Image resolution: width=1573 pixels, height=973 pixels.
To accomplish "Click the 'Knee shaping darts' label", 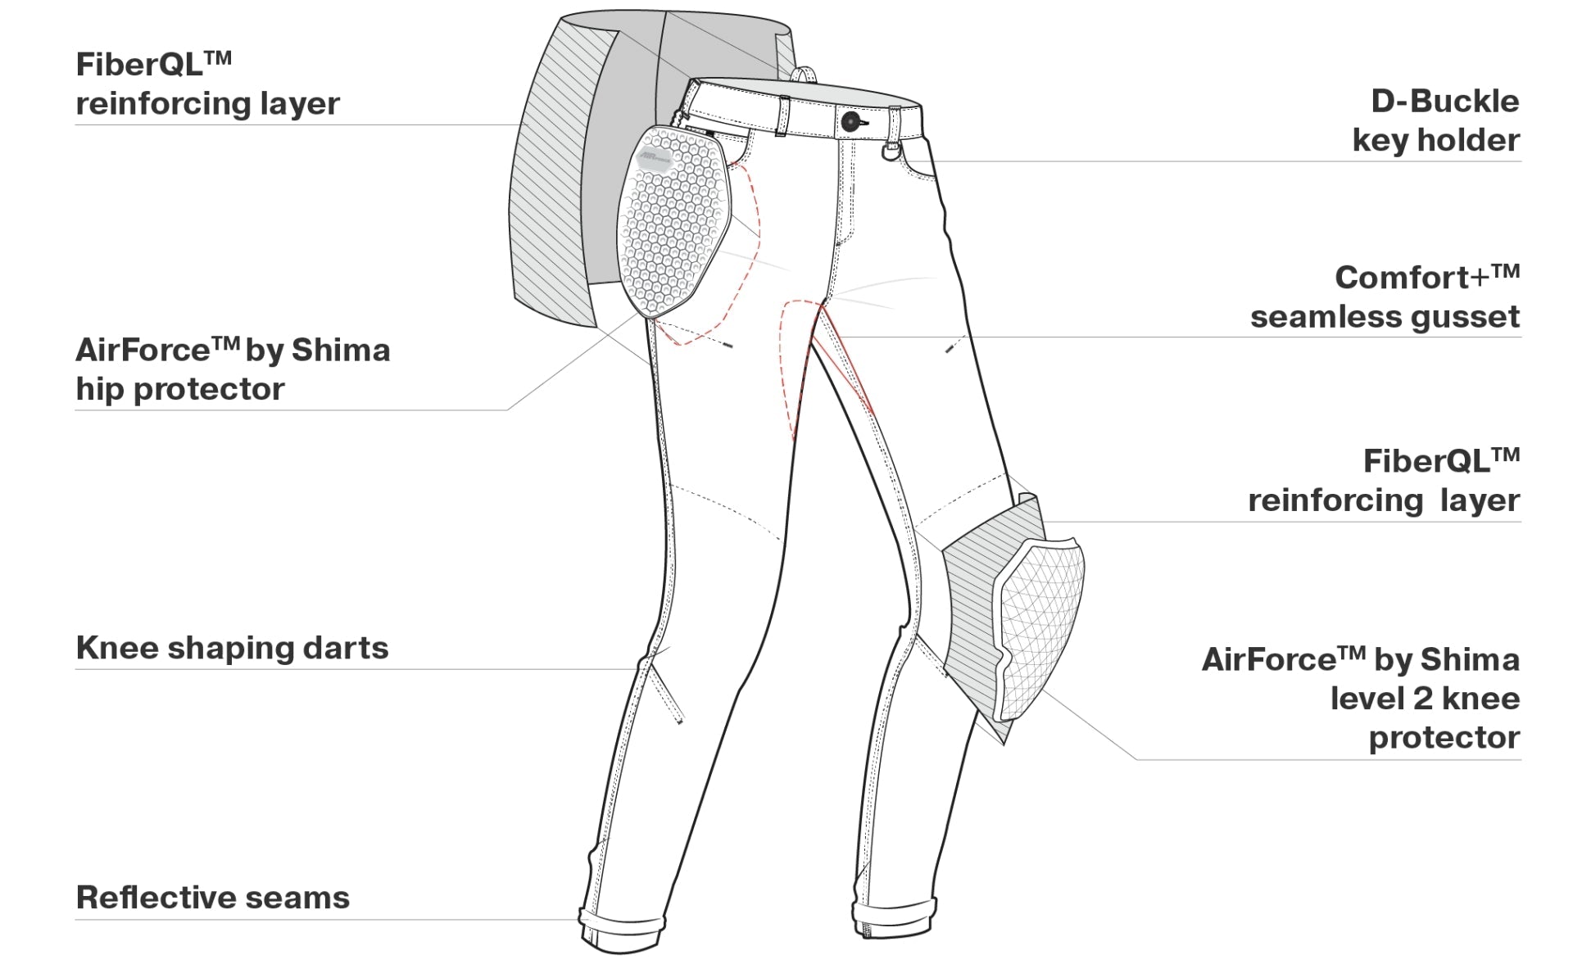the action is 232,648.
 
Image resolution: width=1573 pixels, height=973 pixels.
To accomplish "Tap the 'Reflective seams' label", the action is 212,898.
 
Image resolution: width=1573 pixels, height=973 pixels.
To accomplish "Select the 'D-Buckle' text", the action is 1445,102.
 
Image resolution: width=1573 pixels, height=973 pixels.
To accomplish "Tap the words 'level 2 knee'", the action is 1425,699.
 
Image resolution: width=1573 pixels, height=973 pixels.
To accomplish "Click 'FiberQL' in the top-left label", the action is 139,64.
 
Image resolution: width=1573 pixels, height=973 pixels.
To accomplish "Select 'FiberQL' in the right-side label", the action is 1426,461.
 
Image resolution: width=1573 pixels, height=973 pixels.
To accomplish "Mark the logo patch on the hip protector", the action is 654,158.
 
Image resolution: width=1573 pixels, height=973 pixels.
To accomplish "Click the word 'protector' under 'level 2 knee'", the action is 1444,738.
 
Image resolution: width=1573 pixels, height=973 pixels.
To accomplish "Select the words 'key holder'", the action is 1436,141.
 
